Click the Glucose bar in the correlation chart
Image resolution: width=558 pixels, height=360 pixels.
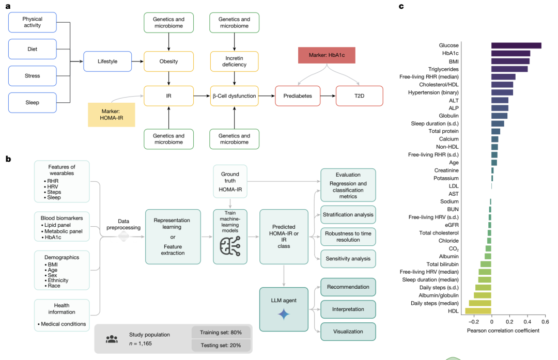(516, 45)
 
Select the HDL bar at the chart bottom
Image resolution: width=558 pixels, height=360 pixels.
(478, 311)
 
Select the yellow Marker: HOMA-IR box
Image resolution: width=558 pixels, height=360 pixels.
(111, 115)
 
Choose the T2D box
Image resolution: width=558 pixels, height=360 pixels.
(359, 96)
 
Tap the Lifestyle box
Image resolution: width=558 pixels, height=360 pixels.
(107, 61)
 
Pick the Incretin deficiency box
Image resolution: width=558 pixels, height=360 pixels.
(235, 61)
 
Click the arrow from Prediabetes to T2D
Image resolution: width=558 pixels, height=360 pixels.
(328, 96)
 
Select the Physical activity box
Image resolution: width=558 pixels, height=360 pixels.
(32, 23)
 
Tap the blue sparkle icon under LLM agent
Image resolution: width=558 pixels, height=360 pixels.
(283, 314)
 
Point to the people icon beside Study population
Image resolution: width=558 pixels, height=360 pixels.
(112, 339)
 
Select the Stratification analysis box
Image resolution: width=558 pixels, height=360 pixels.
(348, 214)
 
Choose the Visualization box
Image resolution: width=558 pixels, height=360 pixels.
(348, 331)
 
